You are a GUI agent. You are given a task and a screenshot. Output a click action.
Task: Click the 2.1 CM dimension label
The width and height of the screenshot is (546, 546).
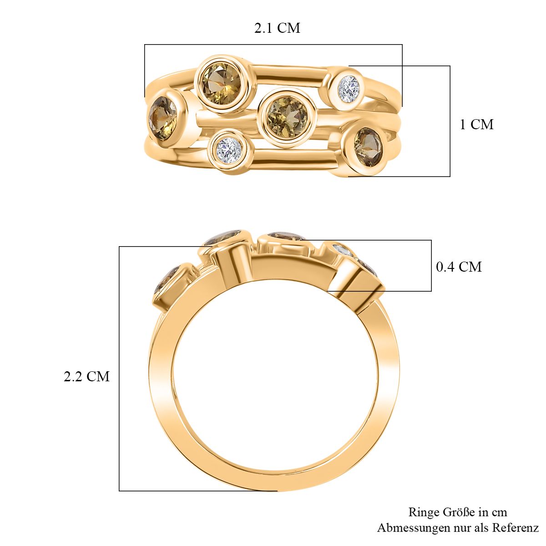(x=277, y=28)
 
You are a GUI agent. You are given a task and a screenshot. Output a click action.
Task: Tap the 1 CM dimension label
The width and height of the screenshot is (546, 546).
(x=476, y=124)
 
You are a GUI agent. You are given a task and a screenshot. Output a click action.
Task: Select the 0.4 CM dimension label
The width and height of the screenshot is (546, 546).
(x=459, y=267)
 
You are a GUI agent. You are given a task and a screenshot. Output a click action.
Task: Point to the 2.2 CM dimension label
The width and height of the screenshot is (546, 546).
(x=86, y=377)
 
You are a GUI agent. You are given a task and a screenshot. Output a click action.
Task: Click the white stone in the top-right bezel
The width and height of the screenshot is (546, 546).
(x=349, y=89)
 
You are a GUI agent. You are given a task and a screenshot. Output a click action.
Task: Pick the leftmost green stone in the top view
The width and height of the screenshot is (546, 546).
(x=162, y=117)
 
